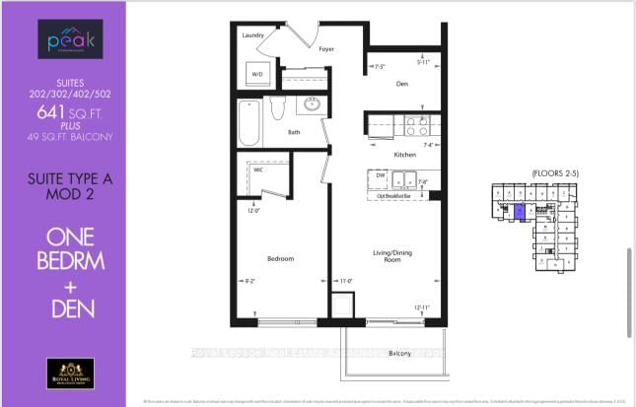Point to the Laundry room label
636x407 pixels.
click(254, 34)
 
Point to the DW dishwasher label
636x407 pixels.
click(379, 174)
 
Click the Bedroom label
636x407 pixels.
click(281, 258)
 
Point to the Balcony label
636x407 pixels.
click(399, 353)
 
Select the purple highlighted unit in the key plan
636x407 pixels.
click(520, 212)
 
